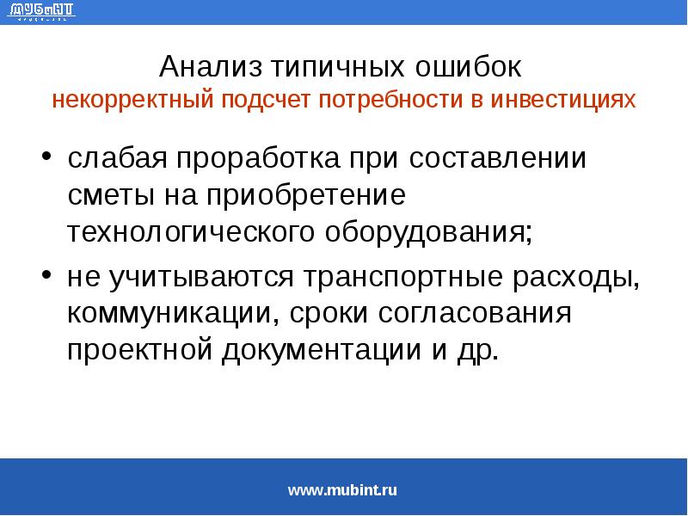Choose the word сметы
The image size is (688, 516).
pyautogui.click(x=108, y=195)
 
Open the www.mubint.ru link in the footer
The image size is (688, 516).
pyautogui.click(x=342, y=491)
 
